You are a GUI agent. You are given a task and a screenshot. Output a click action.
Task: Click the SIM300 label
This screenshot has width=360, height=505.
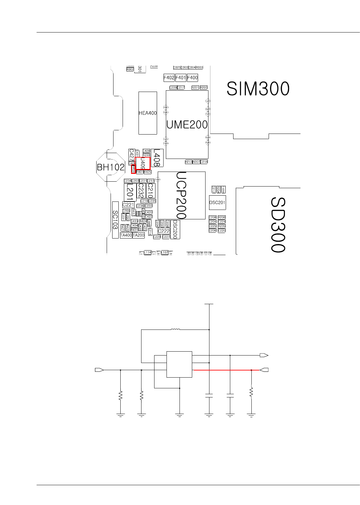coord(258,89)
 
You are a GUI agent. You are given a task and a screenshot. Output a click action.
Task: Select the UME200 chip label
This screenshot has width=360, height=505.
coord(187,124)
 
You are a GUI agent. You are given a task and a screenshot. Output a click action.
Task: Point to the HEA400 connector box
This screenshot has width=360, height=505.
coord(148,113)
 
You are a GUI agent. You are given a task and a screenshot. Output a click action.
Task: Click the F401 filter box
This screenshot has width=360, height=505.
coord(180,78)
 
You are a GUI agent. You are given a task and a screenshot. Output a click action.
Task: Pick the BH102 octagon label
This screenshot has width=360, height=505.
coord(111,167)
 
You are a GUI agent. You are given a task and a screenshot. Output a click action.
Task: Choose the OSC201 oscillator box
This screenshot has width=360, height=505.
coord(217,202)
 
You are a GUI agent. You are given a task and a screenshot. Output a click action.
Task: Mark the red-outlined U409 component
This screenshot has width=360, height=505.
coord(143,163)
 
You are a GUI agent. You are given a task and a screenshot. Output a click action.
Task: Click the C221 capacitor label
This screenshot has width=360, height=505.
coord(128,205)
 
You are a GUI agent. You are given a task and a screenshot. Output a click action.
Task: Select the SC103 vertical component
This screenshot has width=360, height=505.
coord(115,220)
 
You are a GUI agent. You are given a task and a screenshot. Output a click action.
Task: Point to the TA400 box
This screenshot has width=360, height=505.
coord(126,235)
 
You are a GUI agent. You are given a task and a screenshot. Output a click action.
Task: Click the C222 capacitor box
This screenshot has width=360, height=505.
coord(164,231)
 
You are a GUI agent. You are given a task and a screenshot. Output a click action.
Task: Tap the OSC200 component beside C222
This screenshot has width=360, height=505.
coord(175,229)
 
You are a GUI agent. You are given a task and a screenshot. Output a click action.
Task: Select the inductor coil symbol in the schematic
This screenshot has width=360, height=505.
coord(175,330)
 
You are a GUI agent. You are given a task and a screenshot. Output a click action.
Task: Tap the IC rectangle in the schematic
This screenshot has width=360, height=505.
coord(179,364)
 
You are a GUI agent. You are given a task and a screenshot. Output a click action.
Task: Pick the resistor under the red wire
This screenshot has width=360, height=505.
coord(251,392)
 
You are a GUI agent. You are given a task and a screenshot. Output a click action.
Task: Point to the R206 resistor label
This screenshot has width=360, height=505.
coord(222,217)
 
